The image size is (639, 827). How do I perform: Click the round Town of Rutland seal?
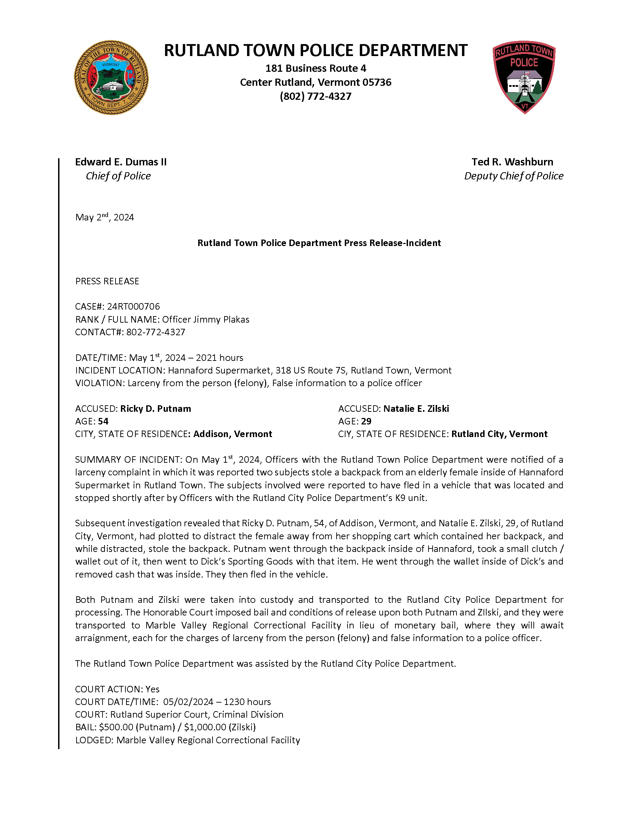[x=111, y=78]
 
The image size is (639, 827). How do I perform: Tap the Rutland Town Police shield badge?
[x=524, y=77]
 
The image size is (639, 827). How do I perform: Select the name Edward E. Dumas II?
[x=121, y=162]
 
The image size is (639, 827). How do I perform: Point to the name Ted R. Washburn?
[x=512, y=162]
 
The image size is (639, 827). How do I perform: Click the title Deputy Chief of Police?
[x=514, y=176]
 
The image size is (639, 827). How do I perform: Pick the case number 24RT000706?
[x=133, y=306]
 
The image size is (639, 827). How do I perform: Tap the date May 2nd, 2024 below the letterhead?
[x=105, y=217]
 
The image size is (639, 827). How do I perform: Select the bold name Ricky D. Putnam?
[x=155, y=409]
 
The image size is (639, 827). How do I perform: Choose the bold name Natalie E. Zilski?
[x=416, y=409]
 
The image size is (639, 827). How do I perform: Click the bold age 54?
[x=103, y=421]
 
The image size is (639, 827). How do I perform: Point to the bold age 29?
[x=366, y=421]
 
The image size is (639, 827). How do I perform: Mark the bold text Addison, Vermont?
[x=233, y=434]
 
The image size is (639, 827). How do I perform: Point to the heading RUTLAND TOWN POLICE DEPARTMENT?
[x=315, y=50]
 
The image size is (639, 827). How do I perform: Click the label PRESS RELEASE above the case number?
[x=107, y=281]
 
